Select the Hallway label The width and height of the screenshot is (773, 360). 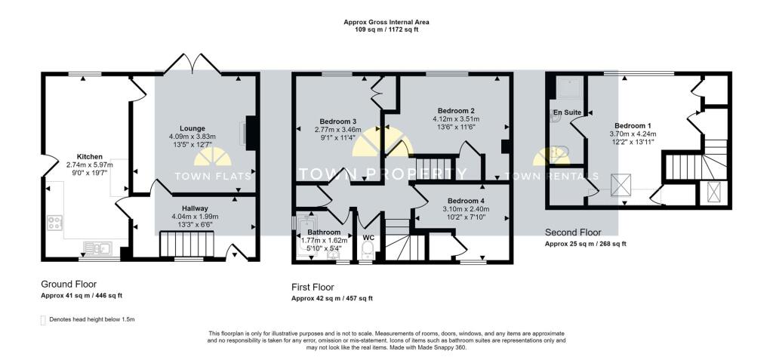click(x=197, y=208)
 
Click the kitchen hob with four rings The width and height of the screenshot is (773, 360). click(x=54, y=223)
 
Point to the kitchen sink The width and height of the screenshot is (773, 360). click(x=98, y=248)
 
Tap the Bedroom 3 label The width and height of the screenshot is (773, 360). click(x=337, y=122)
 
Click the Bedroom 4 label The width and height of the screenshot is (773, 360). click(x=466, y=201)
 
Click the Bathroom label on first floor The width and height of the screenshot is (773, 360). click(x=324, y=232)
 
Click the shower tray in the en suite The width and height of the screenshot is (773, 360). click(x=569, y=88)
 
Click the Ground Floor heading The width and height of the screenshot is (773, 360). click(x=69, y=285)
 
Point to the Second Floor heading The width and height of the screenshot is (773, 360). click(x=573, y=232)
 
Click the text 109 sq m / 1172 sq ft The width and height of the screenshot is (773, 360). click(x=386, y=29)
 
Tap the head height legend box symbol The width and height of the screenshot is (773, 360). click(x=43, y=319)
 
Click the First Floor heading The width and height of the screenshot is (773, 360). click(x=313, y=287)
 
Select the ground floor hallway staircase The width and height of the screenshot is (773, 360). click(x=187, y=245)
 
